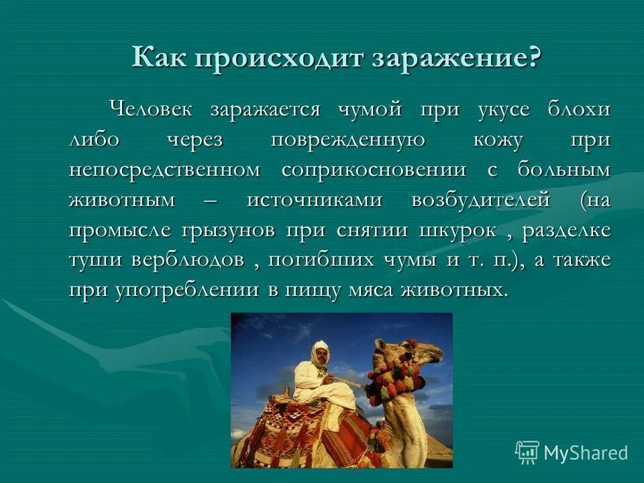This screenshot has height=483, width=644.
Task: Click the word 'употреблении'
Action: (179, 290)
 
